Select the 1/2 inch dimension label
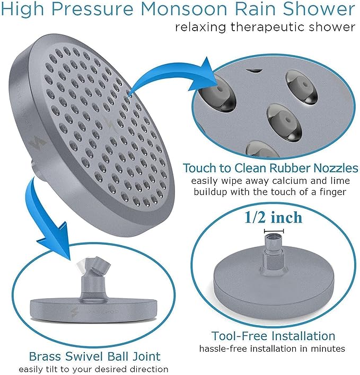(274, 218)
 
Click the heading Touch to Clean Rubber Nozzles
(270, 168)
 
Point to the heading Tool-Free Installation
(273, 336)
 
